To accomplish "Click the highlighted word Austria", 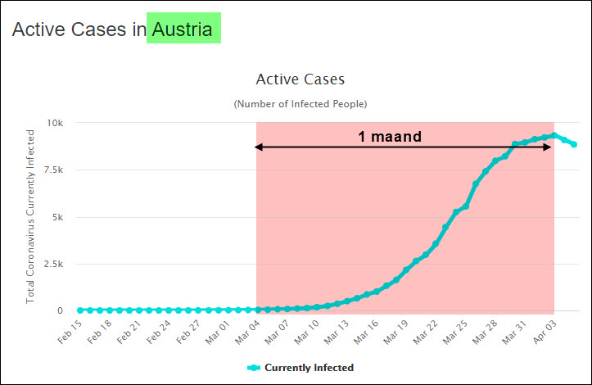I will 183,30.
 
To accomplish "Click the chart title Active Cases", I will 301,79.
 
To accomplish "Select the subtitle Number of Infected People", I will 301,104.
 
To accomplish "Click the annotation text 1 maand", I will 389,137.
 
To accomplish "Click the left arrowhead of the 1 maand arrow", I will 258,147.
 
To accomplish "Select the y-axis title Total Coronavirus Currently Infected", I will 31,216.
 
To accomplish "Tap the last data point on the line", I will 574,145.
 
